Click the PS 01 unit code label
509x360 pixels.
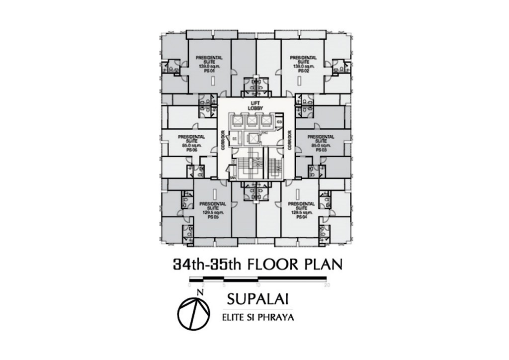click(205, 71)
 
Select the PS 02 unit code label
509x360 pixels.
click(300, 71)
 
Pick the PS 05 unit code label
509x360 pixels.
click(210, 217)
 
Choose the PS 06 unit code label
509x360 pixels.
click(189, 150)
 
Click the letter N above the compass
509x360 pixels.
click(199, 292)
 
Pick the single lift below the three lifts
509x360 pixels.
click(254, 138)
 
